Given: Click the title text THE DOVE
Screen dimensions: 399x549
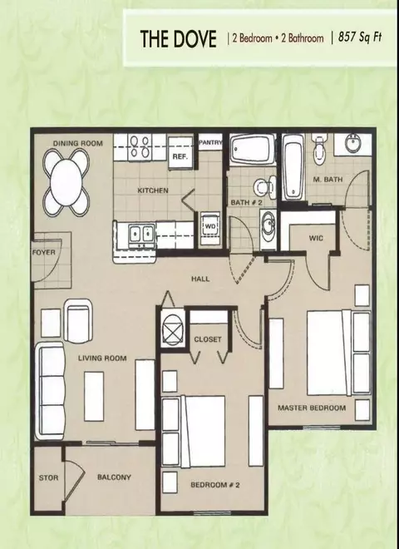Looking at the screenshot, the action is pyautogui.click(x=178, y=38).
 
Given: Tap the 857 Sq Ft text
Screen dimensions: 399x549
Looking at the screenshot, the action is pyautogui.click(x=359, y=37).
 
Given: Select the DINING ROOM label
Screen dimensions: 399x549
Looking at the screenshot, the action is pyautogui.click(x=77, y=143).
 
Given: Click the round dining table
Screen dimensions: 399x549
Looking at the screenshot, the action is pyautogui.click(x=66, y=182).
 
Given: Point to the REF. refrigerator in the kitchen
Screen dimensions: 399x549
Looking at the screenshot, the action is pyautogui.click(x=180, y=153).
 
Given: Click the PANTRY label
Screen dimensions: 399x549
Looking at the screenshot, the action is pyautogui.click(x=210, y=142).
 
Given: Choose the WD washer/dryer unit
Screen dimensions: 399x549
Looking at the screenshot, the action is pyautogui.click(x=210, y=228).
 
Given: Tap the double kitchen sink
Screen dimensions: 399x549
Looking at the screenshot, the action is pyautogui.click(x=142, y=233).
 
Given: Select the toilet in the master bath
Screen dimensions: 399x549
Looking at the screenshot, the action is pyautogui.click(x=319, y=149).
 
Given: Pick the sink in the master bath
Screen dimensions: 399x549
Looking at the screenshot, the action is pyautogui.click(x=352, y=143).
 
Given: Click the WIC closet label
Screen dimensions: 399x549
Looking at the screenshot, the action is pyautogui.click(x=316, y=239).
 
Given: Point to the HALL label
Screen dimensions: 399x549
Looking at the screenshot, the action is pyautogui.click(x=200, y=279).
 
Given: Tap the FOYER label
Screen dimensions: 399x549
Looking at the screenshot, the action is pyautogui.click(x=44, y=252).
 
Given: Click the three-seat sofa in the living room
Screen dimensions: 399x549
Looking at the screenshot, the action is pyautogui.click(x=51, y=391).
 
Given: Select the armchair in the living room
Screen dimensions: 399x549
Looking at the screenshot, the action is pyautogui.click(x=78, y=321).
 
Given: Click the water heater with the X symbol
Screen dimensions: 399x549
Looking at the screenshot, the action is pyautogui.click(x=173, y=329).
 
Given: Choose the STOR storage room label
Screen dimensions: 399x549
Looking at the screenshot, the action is pyautogui.click(x=49, y=477).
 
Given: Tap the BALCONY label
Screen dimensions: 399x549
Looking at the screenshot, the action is pyautogui.click(x=114, y=477).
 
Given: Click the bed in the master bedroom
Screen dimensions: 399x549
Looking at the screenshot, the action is pyautogui.click(x=338, y=353).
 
